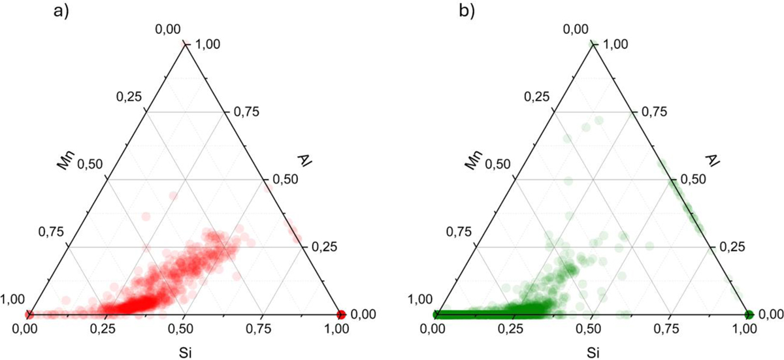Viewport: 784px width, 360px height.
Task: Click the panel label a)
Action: coord(59,12)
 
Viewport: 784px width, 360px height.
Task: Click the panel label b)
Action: coord(467,12)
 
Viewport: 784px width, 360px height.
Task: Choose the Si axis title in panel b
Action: coord(591,353)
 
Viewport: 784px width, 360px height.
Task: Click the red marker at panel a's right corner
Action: coord(340,314)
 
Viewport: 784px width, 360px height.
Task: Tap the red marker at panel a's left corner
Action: coord(28,314)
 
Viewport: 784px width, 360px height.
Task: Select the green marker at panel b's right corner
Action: coord(748,314)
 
